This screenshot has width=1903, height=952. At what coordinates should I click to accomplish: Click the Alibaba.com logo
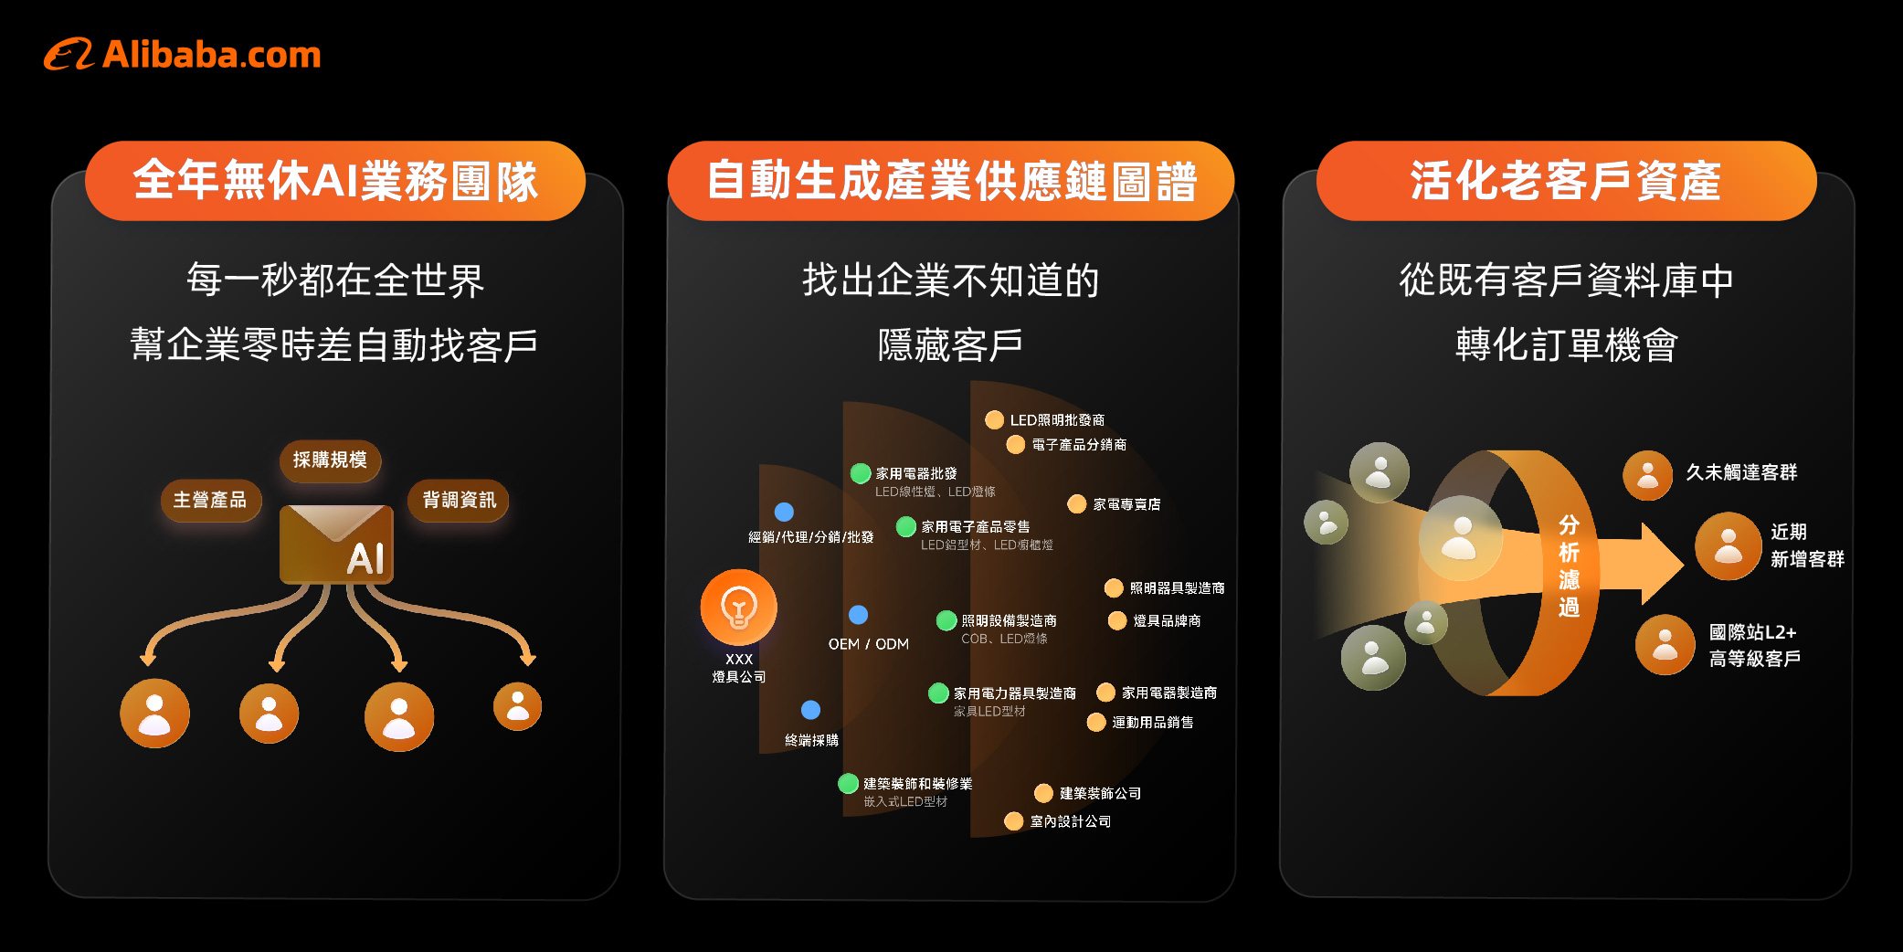(183, 55)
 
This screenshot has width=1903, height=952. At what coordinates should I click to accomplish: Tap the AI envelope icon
(336, 545)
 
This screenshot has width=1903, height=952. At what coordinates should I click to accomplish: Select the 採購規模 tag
(330, 460)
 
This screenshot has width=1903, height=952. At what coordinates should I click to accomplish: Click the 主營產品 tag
(210, 500)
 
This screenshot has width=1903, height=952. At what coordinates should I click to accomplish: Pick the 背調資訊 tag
(459, 500)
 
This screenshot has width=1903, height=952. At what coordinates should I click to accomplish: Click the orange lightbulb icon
(738, 607)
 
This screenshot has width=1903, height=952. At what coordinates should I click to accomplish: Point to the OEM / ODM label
(868, 644)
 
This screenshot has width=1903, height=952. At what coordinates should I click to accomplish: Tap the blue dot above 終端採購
(810, 710)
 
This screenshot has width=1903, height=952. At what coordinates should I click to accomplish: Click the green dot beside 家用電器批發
(860, 473)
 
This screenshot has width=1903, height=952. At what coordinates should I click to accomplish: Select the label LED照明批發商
(1057, 420)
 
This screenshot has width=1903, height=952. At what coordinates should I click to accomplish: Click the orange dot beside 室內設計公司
(1013, 821)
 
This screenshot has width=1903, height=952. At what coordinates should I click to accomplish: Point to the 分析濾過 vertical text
(1569, 566)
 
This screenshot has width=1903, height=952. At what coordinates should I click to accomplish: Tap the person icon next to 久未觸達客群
(1647, 475)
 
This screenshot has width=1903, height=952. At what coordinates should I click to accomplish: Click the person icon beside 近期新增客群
(1728, 545)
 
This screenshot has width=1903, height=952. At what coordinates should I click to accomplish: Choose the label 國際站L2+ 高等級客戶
(1754, 645)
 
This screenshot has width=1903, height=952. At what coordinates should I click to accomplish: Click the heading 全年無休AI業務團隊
(335, 180)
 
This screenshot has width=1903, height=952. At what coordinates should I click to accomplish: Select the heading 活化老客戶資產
(1566, 180)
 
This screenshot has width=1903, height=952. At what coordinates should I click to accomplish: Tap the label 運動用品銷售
(1152, 723)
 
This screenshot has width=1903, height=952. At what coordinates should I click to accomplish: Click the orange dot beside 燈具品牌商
(1116, 621)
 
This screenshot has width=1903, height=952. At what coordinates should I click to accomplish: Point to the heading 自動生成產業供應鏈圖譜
(951, 180)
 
